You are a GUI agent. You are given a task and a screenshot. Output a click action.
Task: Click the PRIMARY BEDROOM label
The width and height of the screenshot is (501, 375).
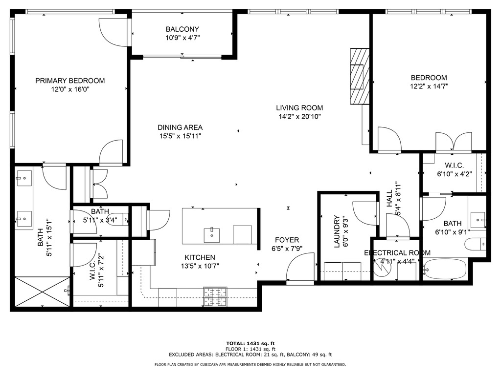(x=70, y=81)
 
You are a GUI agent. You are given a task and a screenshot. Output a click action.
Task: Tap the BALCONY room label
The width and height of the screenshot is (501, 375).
(x=182, y=29)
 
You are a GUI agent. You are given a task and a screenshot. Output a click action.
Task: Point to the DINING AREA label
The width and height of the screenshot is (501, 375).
(x=180, y=127)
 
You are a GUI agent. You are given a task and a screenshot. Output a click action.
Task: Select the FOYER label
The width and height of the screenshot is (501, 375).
(x=287, y=240)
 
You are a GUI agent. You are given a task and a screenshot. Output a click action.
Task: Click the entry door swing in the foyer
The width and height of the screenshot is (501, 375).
(x=298, y=270)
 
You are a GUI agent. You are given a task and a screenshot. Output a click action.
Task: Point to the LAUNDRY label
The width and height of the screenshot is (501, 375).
(x=337, y=231)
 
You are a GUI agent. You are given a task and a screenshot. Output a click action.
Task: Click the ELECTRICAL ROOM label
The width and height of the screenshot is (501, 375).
(x=397, y=252)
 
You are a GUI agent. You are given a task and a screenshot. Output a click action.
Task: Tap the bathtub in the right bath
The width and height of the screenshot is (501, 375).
(x=445, y=269)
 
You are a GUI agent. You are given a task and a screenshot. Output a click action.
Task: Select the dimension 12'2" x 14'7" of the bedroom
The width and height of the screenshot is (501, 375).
(x=429, y=86)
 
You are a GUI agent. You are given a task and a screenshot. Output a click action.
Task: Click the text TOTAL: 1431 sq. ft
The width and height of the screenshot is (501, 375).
(x=250, y=343)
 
